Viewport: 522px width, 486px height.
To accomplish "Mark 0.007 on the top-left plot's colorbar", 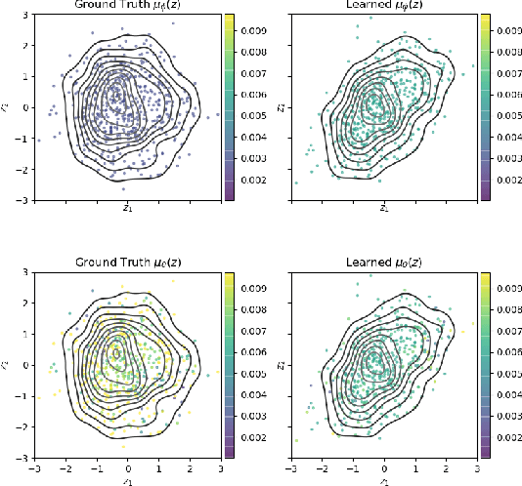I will click(253, 71).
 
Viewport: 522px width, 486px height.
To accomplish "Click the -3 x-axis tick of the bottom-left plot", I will click(35, 467).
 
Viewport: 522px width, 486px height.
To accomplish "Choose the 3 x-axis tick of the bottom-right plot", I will click(476, 467).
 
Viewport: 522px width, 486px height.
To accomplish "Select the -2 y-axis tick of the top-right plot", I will click(278, 170).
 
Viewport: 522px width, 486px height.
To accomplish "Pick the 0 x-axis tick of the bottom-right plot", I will click(384, 467).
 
